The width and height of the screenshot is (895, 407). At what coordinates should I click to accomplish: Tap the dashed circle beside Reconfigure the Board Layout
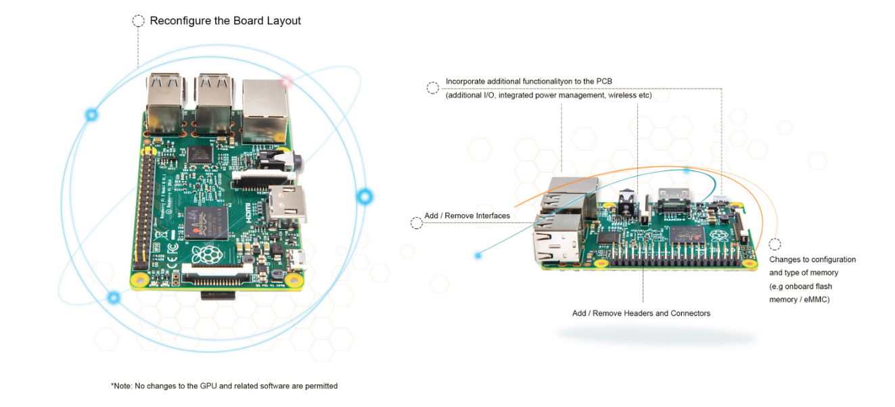pos(138,21)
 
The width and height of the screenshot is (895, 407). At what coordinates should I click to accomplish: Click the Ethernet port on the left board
pos(265,111)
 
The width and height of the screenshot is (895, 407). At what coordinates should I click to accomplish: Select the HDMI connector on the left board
pos(288,203)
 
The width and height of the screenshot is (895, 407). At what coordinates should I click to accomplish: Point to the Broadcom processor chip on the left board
pos(206,223)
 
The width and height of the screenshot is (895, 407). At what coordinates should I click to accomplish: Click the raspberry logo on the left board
pos(207,254)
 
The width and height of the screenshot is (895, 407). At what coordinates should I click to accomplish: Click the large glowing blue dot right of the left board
pos(365,197)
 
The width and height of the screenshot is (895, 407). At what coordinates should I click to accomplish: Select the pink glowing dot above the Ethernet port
pos(286,82)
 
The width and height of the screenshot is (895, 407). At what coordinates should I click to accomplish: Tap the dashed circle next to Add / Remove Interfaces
pos(417,223)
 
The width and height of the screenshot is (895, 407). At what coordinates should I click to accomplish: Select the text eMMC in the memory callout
pos(817,300)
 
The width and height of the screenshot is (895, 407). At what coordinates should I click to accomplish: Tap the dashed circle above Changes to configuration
pos(775,244)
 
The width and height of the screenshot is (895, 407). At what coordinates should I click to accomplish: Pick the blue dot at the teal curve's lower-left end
pos(478,256)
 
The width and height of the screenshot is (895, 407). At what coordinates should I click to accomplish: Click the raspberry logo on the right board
pos(719,236)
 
